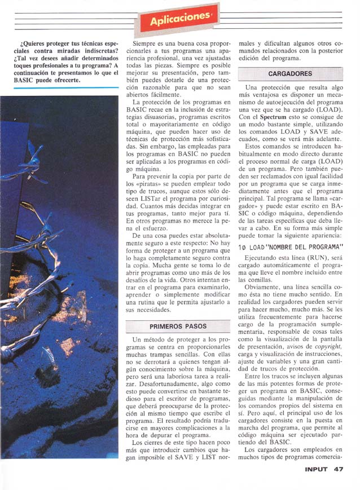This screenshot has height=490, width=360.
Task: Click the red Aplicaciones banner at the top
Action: pyautogui.click(x=177, y=20)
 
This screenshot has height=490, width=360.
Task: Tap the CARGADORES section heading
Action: pyautogui.click(x=290, y=74)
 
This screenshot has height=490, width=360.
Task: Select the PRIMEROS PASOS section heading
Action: pyautogui.click(x=178, y=326)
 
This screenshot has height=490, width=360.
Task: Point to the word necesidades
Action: pyautogui.click(x=147, y=310)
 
